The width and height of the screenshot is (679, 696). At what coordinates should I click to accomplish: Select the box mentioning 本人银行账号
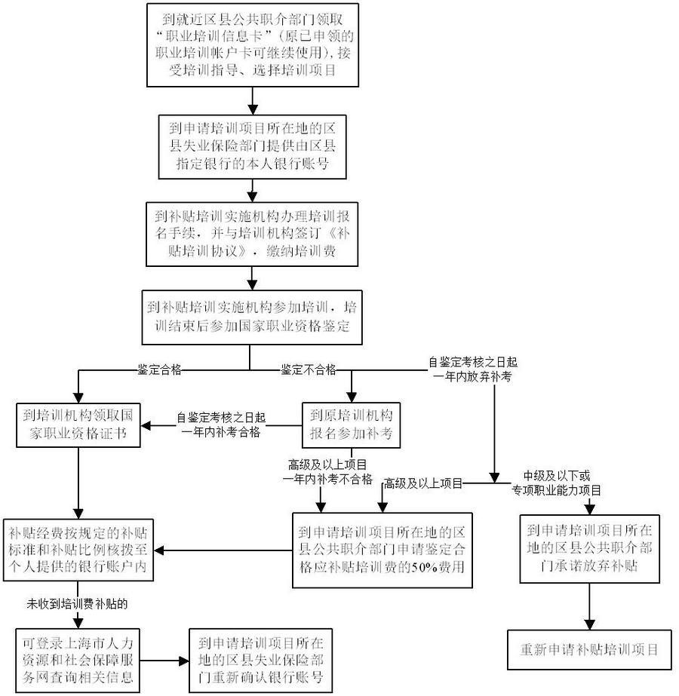[253, 145]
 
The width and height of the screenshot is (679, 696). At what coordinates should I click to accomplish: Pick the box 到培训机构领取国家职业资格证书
[78, 425]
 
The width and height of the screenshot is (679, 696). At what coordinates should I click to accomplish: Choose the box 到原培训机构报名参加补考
[351, 425]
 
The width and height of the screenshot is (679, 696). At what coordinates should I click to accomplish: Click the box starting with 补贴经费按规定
[78, 550]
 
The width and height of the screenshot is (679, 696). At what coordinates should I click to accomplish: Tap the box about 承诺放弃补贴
[588, 548]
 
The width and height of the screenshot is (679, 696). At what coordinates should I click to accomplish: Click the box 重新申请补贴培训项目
[589, 649]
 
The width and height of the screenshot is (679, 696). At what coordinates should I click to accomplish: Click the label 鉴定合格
[158, 369]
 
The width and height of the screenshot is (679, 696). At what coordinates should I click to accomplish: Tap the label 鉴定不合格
[309, 369]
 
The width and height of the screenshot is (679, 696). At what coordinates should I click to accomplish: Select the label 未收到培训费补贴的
[78, 604]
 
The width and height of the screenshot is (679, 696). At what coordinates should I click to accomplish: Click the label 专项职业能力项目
[562, 490]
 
